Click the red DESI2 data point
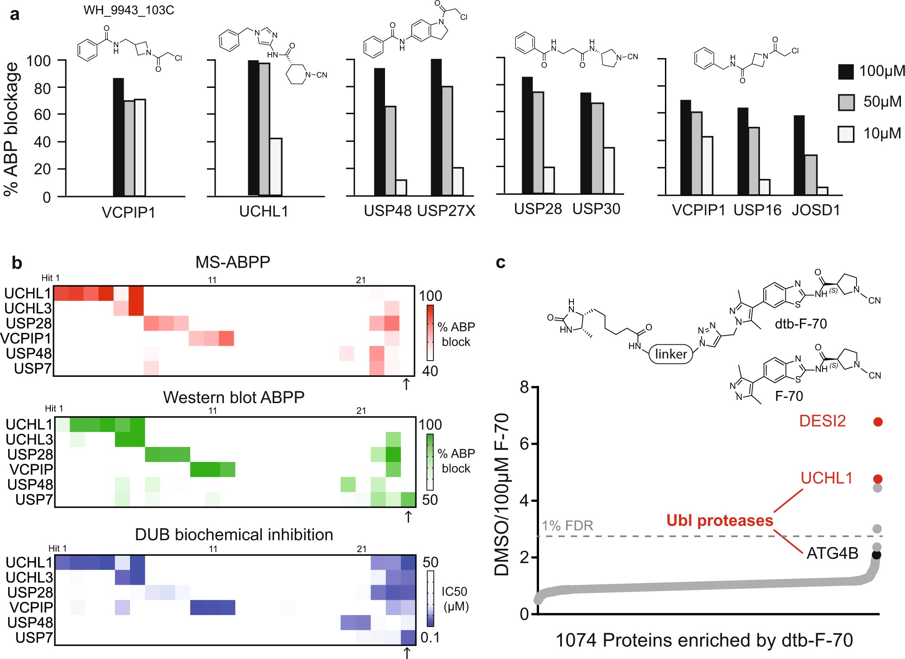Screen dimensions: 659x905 (878, 422)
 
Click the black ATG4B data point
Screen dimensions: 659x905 (876, 554)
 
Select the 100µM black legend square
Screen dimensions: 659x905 (846, 72)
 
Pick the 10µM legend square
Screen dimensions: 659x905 (846, 134)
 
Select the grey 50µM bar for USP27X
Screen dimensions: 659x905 (447, 140)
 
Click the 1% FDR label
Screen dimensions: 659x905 (567, 525)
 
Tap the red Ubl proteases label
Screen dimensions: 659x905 (719, 520)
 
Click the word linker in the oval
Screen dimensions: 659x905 (671, 354)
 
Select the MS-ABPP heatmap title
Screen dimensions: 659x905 (232, 262)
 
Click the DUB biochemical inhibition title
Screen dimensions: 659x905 (234, 534)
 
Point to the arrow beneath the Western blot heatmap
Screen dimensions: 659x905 (408, 516)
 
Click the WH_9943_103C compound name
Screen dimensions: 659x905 (129, 10)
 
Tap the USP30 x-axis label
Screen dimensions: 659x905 (596, 209)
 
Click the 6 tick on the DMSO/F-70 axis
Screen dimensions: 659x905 (524, 444)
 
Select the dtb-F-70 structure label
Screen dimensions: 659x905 (800, 324)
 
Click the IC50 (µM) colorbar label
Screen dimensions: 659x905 (455, 599)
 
